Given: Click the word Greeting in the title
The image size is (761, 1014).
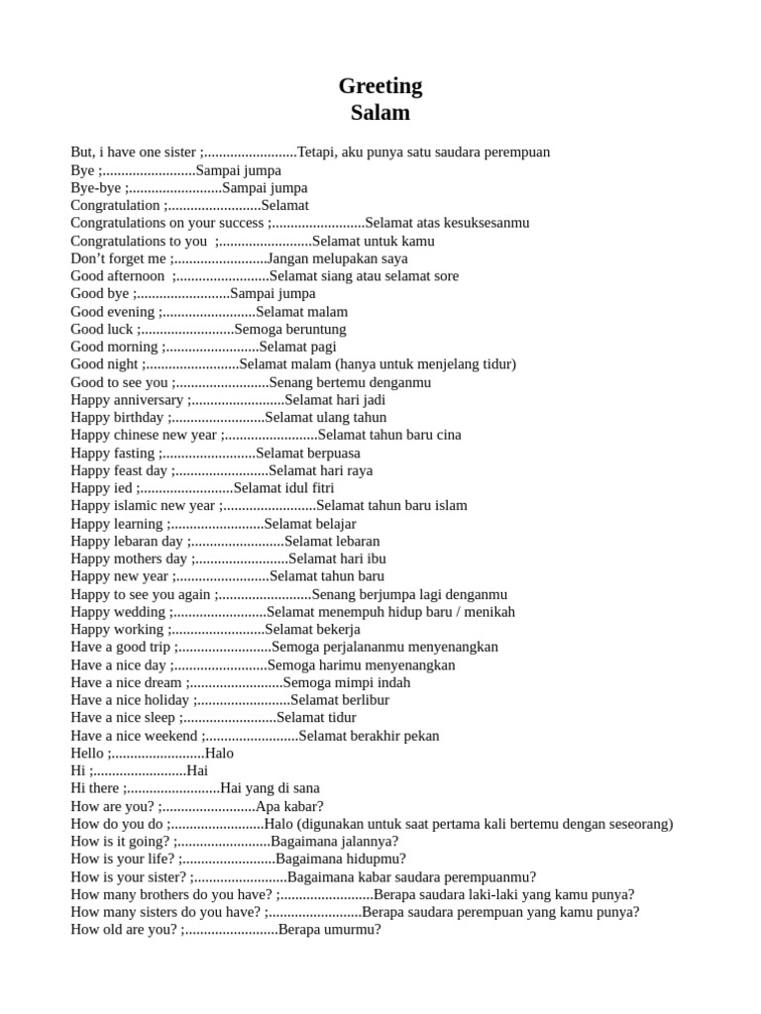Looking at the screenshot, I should click(380, 86).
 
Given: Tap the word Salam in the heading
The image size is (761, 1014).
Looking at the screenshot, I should click(380, 113).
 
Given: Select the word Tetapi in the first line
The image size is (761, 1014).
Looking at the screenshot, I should click(317, 152).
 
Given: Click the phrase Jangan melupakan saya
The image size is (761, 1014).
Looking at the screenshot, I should click(338, 258).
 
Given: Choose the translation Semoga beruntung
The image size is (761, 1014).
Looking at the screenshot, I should click(290, 329).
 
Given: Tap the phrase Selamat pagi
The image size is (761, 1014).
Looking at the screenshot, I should click(298, 347).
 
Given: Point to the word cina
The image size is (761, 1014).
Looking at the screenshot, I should click(447, 435).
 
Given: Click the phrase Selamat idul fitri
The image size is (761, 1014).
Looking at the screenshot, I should click(284, 488).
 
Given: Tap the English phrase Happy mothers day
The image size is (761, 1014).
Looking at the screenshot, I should click(129, 558).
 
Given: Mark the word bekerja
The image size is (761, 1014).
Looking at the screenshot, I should click(338, 629).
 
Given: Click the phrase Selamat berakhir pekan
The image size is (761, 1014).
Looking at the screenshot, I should click(369, 736).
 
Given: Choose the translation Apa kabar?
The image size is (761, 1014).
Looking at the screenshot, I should click(289, 806).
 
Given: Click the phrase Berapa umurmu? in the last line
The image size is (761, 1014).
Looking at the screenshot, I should click(330, 930).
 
